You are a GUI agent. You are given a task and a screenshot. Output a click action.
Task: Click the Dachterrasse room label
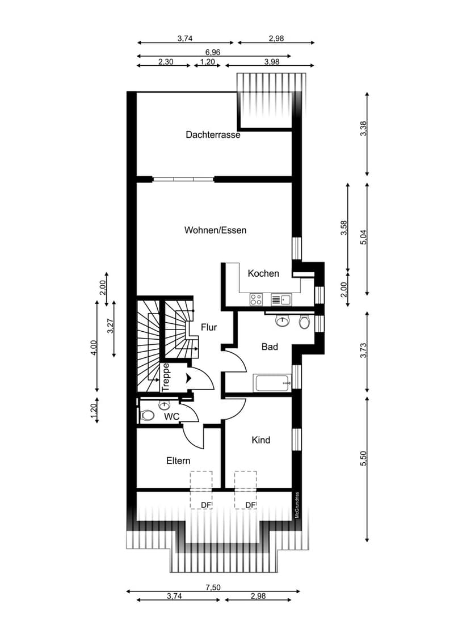[x=213, y=135]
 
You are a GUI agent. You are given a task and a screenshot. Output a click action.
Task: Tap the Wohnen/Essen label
[x=215, y=230]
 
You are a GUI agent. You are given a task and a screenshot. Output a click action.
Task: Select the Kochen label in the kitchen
[x=263, y=273]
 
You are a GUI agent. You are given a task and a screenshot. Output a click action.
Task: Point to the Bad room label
[x=270, y=347]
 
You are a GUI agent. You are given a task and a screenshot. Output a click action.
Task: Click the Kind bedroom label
[x=260, y=440]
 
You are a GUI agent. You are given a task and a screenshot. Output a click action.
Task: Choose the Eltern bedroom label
[x=178, y=461]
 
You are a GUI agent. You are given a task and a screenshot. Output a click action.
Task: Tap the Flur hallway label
[x=209, y=327]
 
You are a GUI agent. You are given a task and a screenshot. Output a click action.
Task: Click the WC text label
[x=172, y=417]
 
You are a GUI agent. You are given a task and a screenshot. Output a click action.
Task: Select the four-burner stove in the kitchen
[x=256, y=299]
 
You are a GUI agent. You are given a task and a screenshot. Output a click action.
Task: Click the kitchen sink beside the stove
[x=281, y=300]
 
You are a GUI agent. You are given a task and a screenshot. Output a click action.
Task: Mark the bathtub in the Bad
[x=272, y=383]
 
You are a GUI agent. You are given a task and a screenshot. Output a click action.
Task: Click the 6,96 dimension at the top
[x=213, y=52]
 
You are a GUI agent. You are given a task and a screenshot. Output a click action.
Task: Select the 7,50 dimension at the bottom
[x=213, y=587]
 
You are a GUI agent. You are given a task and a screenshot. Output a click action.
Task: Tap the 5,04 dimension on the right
[x=363, y=237]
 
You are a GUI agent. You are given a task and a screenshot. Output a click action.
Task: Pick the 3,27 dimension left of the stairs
[x=110, y=326]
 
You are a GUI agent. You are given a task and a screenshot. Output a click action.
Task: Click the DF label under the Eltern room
[x=205, y=505]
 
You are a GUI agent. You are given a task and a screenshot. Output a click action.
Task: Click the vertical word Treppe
[x=166, y=377]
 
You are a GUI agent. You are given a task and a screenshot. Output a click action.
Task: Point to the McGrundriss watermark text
[x=297, y=505]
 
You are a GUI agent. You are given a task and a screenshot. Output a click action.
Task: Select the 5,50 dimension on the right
[x=363, y=458]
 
